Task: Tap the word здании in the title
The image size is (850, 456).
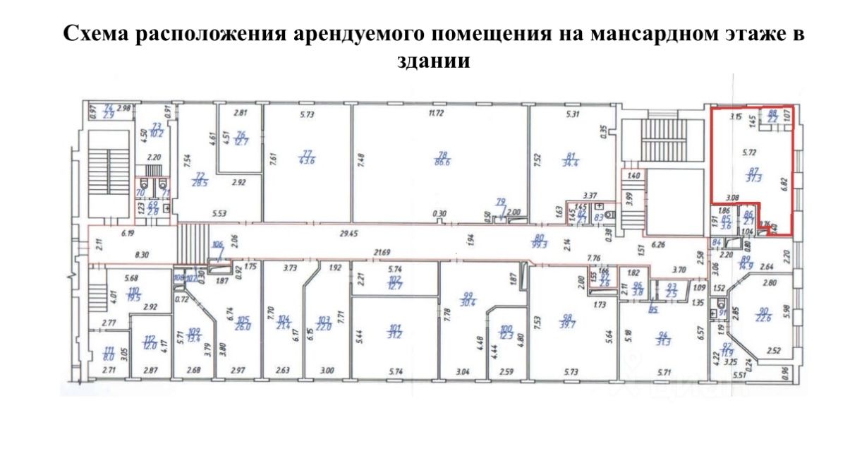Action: tap(425, 61)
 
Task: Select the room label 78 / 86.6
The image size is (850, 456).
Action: tap(443, 157)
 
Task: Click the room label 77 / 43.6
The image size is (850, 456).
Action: tap(308, 157)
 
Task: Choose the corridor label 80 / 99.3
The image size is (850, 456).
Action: tap(540, 241)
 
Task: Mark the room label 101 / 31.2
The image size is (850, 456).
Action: tap(394, 330)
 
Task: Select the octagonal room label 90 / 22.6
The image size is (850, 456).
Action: tap(764, 315)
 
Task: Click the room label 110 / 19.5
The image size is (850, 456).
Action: tap(134, 294)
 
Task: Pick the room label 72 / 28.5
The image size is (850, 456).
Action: tap(200, 179)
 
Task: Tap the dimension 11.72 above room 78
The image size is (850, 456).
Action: tap(439, 113)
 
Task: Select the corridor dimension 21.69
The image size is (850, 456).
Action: tap(383, 253)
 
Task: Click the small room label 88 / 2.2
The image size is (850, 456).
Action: tap(772, 116)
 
